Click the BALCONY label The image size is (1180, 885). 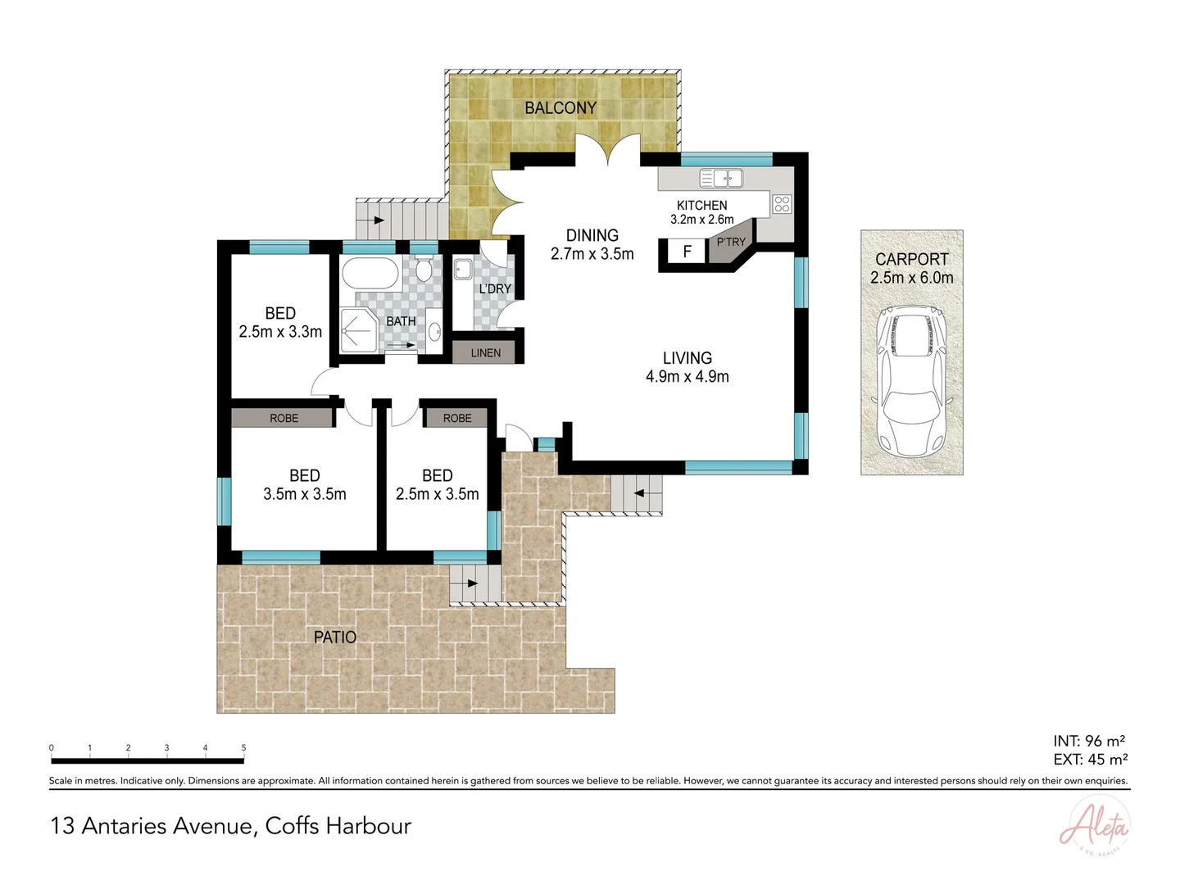[560, 108]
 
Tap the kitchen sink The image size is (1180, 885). [721, 178]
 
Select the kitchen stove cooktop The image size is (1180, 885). [782, 203]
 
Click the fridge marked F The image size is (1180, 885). [688, 252]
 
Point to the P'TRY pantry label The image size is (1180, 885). [731, 242]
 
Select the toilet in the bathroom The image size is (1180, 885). [424, 270]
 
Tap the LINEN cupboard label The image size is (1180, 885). [485, 353]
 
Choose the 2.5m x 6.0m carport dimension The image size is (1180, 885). [911, 278]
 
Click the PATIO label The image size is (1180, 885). [335, 637]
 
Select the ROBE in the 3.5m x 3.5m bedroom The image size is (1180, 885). [284, 418]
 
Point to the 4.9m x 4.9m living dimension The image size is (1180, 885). [687, 377]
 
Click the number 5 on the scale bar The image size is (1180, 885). [243, 747]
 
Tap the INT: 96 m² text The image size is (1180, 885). [1088, 742]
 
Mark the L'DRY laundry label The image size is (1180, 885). [495, 289]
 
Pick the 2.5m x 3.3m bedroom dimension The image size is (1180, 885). [280, 332]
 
